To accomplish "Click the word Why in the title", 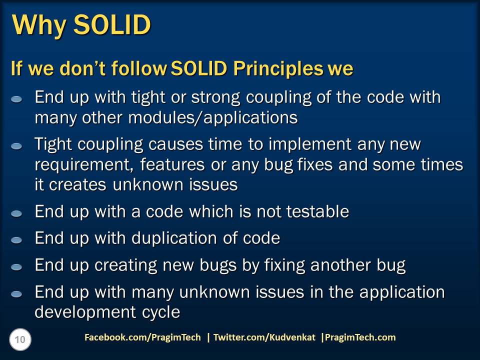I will (38, 24).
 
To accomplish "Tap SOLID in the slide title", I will (112, 24).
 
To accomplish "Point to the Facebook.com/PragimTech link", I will (142, 337).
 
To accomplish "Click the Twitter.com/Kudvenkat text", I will (264, 337).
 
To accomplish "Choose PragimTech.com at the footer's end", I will (360, 337).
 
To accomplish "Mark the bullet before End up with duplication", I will (17, 240).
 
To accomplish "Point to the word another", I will (344, 265).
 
